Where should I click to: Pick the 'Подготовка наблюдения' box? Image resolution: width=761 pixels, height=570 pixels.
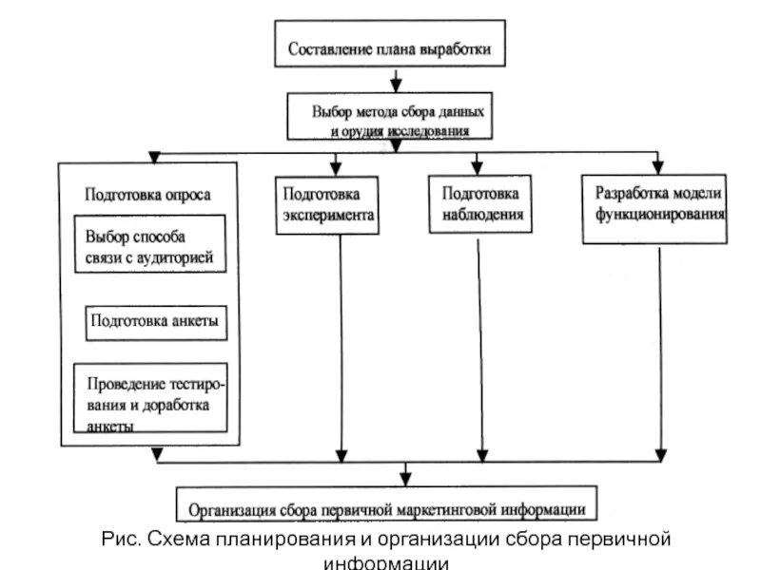(481, 204)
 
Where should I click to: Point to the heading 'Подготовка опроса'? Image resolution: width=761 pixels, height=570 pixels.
(147, 194)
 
